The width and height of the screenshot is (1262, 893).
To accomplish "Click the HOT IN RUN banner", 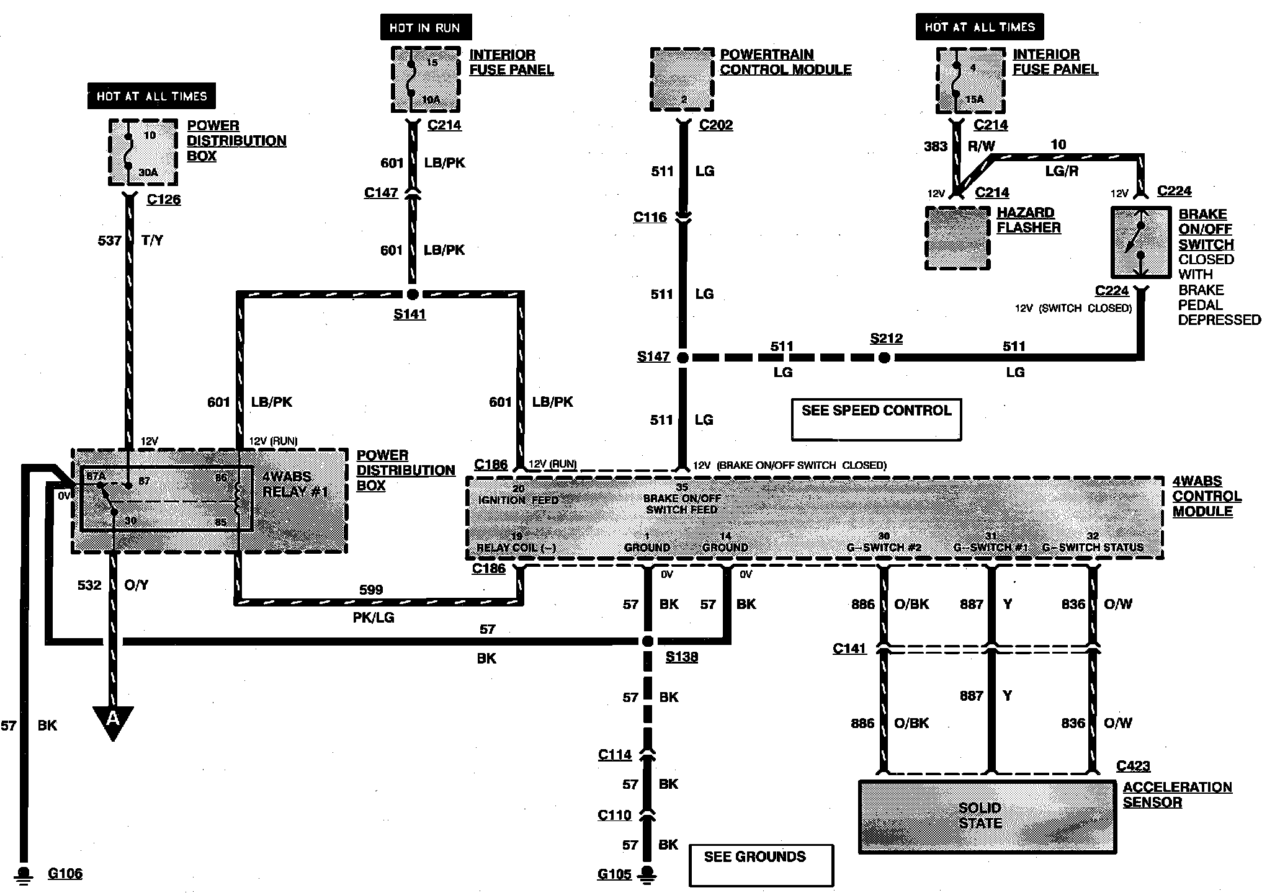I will [x=426, y=27].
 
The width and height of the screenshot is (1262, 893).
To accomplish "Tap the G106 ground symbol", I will [x=24, y=873].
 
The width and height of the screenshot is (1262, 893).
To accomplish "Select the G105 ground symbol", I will [x=647, y=874].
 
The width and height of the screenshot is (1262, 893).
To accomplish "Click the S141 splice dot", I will [x=412, y=294].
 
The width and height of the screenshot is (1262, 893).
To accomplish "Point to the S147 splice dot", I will [x=682, y=357].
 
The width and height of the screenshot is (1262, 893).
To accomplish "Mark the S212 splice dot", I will [x=885, y=357].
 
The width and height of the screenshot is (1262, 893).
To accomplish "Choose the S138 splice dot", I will [x=647, y=641].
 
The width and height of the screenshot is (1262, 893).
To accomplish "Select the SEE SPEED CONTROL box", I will [x=876, y=419].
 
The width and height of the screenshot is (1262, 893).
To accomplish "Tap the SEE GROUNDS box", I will [x=761, y=864].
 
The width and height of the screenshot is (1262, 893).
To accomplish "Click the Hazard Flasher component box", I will [x=957, y=238].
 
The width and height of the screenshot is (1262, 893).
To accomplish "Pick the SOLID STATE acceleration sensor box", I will [x=987, y=816].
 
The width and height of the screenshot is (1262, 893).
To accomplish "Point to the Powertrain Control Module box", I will [x=682, y=79].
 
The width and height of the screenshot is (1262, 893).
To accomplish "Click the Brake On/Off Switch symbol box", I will [x=1140, y=242].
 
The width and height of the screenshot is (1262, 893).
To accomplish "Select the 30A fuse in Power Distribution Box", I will [x=143, y=153].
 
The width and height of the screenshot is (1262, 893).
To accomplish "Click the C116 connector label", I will [x=650, y=217].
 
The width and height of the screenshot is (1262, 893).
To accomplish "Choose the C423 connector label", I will [x=1132, y=766].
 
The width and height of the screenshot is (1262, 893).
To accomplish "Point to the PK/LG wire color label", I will [x=373, y=618].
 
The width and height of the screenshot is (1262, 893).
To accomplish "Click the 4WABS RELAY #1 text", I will [x=294, y=484].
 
